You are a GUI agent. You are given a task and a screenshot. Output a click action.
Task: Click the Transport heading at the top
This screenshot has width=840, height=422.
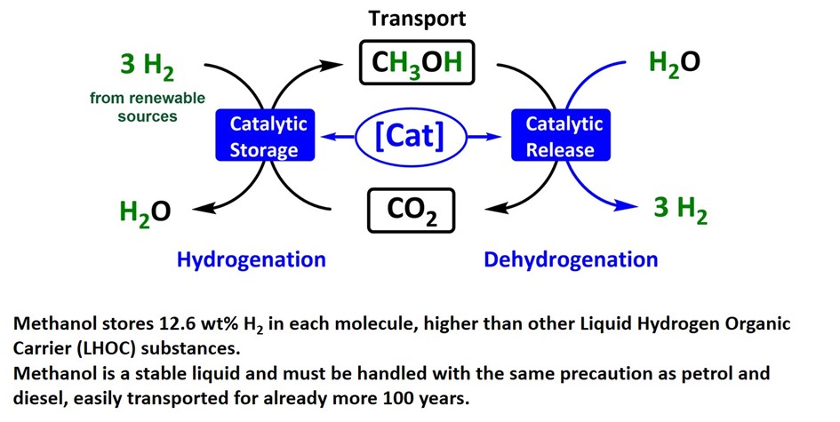(417, 18)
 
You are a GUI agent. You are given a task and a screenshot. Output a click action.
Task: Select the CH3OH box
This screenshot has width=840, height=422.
(417, 63)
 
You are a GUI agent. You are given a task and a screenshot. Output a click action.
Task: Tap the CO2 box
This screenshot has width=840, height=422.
(411, 211)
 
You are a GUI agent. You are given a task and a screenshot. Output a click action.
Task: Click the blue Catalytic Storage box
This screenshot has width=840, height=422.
(264, 136)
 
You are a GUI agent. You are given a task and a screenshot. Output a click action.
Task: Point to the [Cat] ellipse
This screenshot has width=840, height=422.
(411, 137)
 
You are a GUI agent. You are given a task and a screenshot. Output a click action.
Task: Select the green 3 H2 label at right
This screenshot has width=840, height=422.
(680, 210)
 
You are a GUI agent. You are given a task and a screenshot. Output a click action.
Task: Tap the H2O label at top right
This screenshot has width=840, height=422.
(674, 63)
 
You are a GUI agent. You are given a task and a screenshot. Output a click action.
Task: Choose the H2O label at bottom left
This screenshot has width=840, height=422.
(144, 212)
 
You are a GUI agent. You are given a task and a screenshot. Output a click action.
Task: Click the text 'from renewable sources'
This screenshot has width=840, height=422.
(147, 107)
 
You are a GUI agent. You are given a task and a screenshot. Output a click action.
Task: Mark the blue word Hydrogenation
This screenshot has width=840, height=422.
(252, 259)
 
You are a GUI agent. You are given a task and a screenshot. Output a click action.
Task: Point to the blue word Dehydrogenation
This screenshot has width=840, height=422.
(571, 259)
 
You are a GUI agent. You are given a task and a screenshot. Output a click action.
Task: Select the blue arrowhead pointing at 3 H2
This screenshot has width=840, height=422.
(630, 208)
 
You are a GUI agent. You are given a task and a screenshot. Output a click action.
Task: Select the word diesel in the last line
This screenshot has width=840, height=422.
(44, 397)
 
